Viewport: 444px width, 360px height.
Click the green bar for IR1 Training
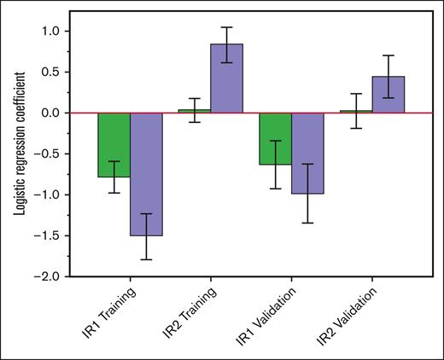pyautogui.click(x=114, y=144)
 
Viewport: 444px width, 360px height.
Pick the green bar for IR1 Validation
pyautogui.click(x=275, y=138)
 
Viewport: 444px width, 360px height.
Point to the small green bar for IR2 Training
pyautogui.click(x=194, y=111)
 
